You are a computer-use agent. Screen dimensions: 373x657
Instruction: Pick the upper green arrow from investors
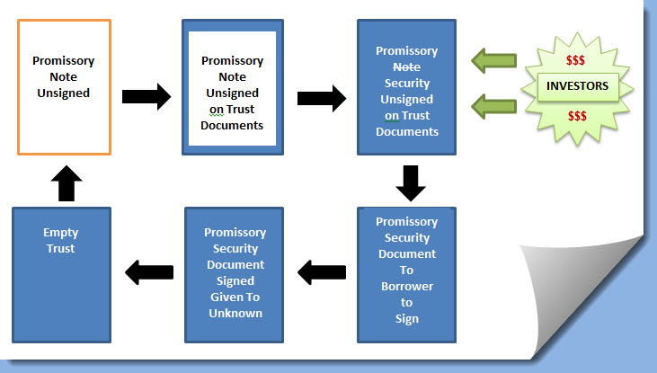coord(494,61)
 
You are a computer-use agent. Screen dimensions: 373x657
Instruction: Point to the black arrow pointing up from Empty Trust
coord(62,182)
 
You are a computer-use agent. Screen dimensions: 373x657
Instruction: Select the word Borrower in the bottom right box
coord(406,286)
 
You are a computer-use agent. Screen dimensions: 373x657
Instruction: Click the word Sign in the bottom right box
coord(406,318)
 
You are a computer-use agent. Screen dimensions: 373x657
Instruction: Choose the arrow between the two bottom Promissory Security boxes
coord(321,269)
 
